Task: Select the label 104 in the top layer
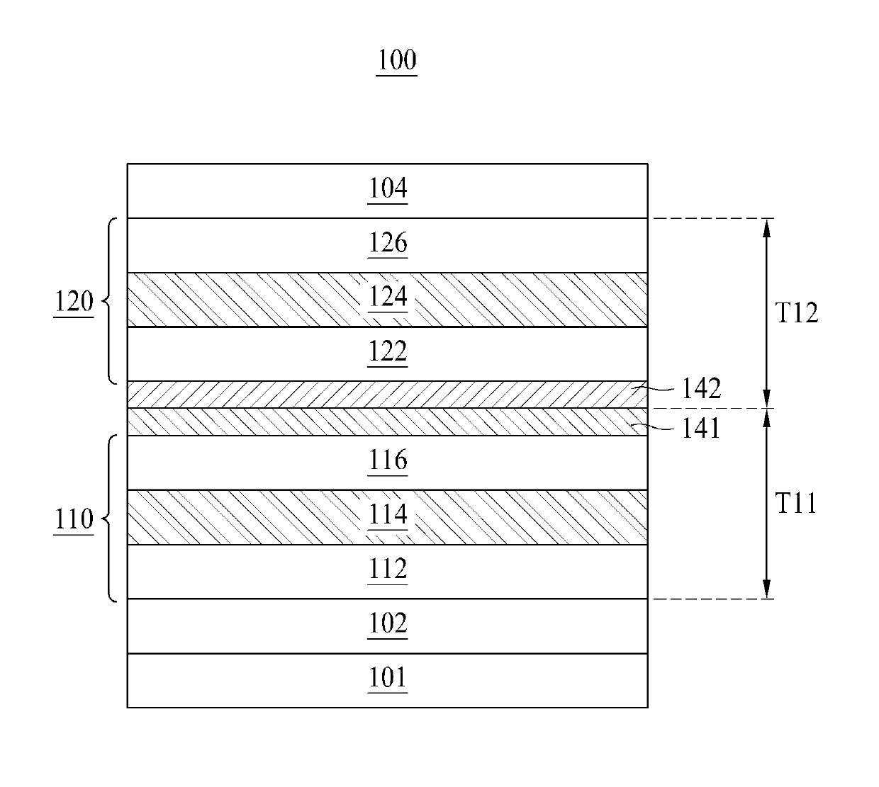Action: [388, 188]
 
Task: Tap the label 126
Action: [388, 242]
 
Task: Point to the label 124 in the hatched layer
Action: [388, 297]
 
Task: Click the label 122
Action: [388, 351]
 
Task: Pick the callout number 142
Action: [702, 388]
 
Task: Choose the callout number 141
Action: [700, 429]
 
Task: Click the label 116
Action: [388, 460]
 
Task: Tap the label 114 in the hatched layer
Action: [388, 514]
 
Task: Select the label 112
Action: [388, 569]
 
